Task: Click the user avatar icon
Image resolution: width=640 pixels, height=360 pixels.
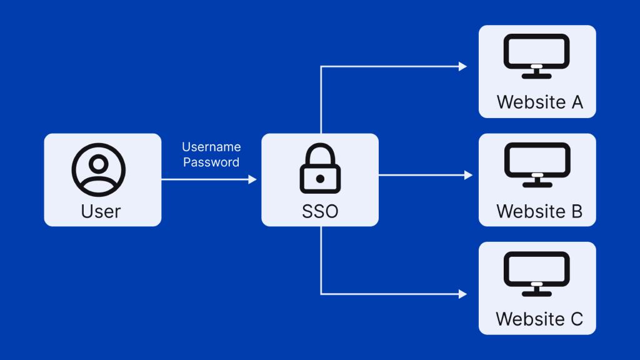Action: tap(99, 170)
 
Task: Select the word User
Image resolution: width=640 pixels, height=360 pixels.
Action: tap(101, 211)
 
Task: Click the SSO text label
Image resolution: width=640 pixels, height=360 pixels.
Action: tap(320, 211)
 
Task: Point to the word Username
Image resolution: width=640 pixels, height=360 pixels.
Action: tap(211, 147)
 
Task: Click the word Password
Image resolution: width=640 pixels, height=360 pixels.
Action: tap(211, 162)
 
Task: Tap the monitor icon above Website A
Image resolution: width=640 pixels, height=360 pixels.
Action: tap(537, 56)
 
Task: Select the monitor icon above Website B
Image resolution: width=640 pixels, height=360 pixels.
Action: tap(537, 164)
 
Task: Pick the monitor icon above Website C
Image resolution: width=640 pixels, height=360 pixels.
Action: tap(537, 273)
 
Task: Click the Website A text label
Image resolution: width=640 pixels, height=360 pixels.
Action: tap(539, 102)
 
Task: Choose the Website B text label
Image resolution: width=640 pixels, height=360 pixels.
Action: tap(539, 211)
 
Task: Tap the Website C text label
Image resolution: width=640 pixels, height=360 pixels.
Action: tap(539, 319)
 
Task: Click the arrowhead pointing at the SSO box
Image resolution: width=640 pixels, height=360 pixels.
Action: tap(252, 179)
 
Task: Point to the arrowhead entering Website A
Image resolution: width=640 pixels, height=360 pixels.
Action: tap(463, 66)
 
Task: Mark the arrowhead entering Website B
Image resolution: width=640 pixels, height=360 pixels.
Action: tap(469, 176)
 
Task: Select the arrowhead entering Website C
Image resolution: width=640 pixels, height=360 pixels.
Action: tap(463, 293)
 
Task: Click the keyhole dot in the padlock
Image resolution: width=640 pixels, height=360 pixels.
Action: tap(320, 179)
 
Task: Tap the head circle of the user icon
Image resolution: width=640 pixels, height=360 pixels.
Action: tap(99, 163)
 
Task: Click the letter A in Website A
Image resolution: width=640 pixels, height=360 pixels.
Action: tap(577, 102)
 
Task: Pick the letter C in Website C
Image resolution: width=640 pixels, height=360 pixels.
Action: tap(576, 319)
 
